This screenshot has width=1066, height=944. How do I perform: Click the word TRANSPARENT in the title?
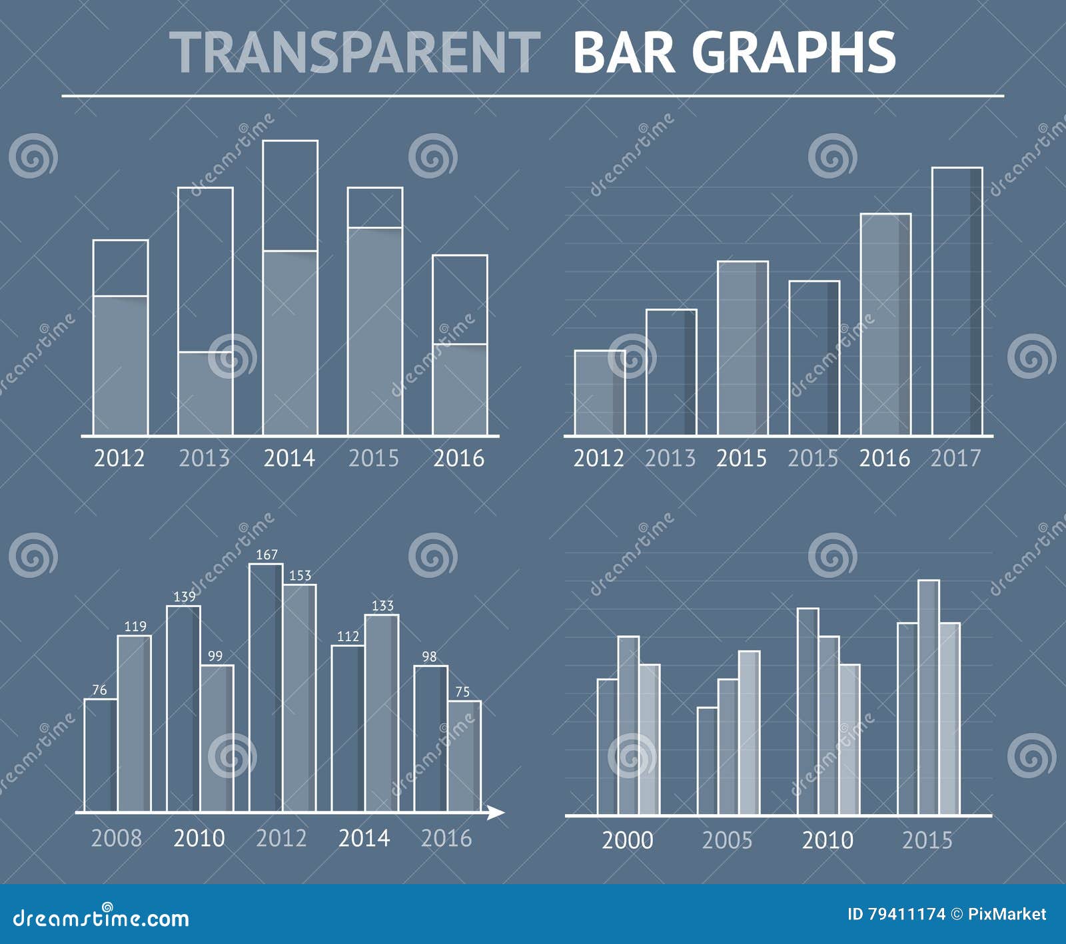(355, 53)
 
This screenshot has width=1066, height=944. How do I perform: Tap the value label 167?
(266, 555)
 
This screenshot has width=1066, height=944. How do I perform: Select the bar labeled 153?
(300, 699)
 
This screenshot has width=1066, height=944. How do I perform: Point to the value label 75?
(462, 692)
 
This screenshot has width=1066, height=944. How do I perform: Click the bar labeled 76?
(101, 756)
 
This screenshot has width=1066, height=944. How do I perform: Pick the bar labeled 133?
(382, 712)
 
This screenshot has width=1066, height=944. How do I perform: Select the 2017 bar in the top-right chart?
(957, 301)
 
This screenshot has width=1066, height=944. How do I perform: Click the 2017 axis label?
(955, 458)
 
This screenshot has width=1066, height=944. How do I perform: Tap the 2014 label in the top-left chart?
(289, 458)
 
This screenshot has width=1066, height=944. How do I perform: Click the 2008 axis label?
(116, 838)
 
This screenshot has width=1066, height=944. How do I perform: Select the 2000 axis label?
(627, 840)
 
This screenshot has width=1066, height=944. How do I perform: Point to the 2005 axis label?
(727, 840)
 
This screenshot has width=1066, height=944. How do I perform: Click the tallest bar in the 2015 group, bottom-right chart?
(929, 698)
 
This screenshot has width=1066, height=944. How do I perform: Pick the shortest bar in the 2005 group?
(708, 761)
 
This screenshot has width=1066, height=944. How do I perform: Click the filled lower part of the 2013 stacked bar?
(205, 393)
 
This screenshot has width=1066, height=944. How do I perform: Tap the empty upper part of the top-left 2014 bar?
(290, 196)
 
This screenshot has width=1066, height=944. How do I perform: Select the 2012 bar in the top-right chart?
(600, 393)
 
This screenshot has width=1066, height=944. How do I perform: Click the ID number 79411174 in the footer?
(905, 914)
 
